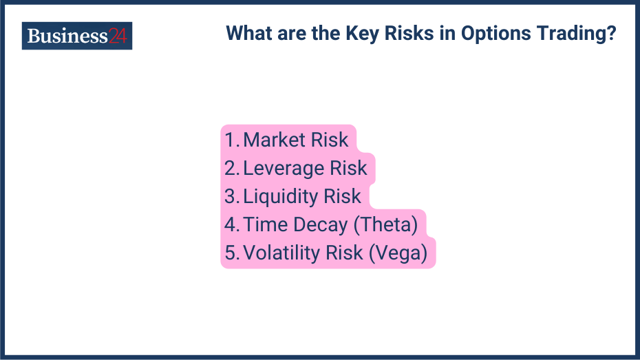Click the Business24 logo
coord(76,36)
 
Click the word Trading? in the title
coord(577,34)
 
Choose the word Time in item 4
coord(266,224)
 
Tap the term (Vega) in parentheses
coord(398,253)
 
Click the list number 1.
coord(230,140)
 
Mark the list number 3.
coord(231,196)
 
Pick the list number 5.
coord(231,253)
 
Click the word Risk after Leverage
coord(348,168)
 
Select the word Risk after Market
coord(330,140)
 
